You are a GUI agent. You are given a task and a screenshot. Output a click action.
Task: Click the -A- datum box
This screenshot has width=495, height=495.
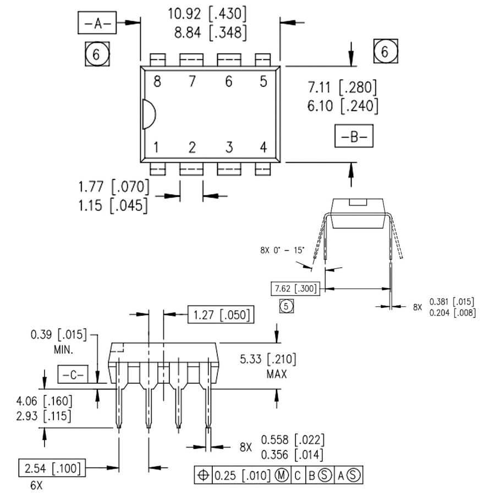click(x=97, y=24)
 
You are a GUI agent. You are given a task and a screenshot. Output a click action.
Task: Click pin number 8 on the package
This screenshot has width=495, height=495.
click(x=157, y=82)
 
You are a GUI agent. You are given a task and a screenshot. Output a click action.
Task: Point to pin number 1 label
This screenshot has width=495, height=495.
click(x=157, y=147)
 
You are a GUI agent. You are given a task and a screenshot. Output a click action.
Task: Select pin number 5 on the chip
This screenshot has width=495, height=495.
click(x=263, y=82)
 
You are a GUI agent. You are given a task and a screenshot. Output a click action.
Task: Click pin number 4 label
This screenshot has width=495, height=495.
click(x=263, y=147)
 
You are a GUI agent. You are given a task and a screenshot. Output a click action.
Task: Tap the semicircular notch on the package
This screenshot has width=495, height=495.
click(x=148, y=114)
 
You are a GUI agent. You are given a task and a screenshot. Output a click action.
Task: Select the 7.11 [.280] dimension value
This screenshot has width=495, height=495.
click(x=343, y=87)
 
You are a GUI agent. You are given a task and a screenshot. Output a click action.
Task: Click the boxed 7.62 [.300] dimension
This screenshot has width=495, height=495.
click(x=295, y=288)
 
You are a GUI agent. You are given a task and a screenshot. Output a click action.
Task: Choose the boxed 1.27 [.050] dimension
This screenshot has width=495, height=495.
click(x=220, y=315)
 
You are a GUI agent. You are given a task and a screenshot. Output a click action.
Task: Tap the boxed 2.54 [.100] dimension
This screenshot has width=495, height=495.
click(x=52, y=469)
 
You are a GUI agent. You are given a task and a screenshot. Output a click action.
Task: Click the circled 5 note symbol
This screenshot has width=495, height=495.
click(x=287, y=306)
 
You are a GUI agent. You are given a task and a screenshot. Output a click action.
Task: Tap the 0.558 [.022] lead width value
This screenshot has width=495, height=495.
click(x=292, y=440)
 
